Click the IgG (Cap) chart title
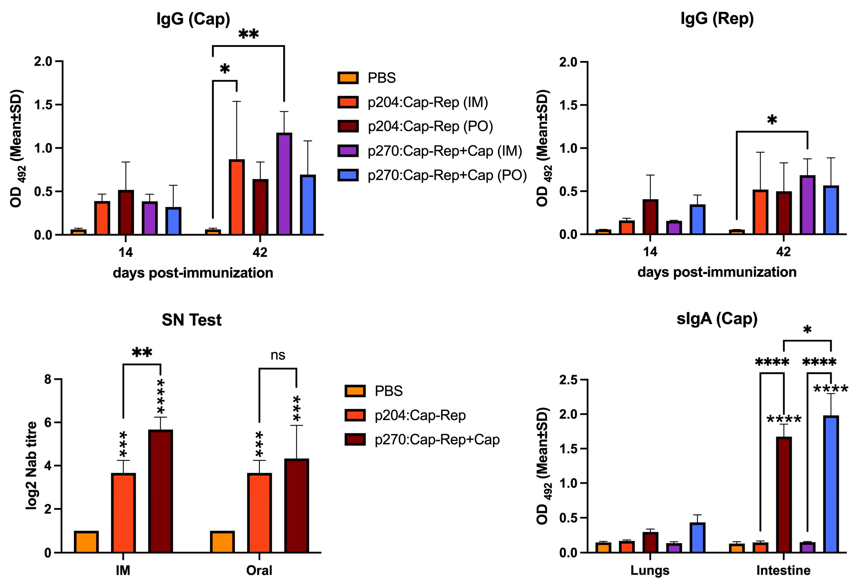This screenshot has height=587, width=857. pyautogui.click(x=193, y=19)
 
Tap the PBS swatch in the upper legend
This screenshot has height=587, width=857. pyautogui.click(x=348, y=78)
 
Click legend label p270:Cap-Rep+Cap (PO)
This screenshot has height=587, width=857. pyautogui.click(x=447, y=175)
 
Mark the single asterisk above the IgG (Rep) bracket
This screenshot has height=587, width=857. pyautogui.click(x=772, y=120)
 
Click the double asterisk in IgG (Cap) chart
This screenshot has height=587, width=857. pyautogui.click(x=249, y=35)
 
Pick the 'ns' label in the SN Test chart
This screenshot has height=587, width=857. pyautogui.click(x=278, y=355)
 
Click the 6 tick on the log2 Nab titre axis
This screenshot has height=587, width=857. pyautogui.click(x=48, y=423)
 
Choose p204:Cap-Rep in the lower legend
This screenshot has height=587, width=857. pyautogui.click(x=420, y=415)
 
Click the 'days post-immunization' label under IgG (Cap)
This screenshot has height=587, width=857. pyautogui.click(x=193, y=273)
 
